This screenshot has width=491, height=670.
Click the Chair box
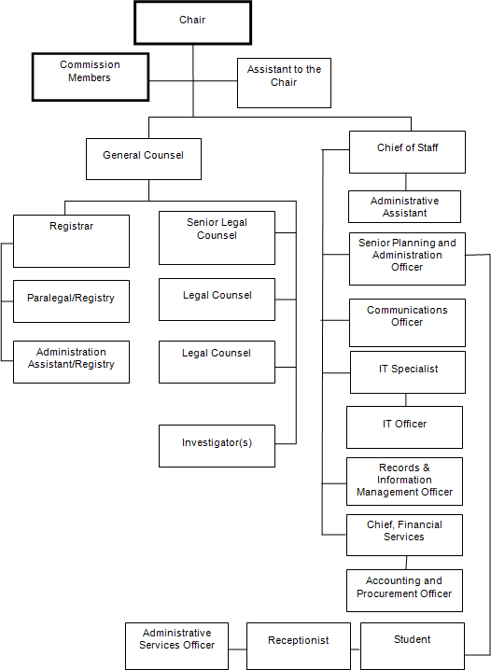click(192, 21)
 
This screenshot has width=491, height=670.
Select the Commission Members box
click(90, 77)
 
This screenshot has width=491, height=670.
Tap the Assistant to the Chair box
click(284, 82)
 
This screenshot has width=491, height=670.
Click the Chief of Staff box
click(407, 151)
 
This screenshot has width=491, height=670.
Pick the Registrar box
click(71, 241)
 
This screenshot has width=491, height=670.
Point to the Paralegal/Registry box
click(71, 300)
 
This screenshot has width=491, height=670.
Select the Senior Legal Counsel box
click(217, 237)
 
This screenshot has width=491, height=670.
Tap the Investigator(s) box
click(217, 446)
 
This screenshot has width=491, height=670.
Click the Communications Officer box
click(407, 322)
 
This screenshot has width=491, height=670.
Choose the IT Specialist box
click(407, 371)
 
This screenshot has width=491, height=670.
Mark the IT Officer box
click(404, 427)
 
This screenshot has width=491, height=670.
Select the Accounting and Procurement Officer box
click(404, 592)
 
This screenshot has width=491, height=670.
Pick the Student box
click(412, 645)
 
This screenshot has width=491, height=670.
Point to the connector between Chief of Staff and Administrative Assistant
click(406, 182)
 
